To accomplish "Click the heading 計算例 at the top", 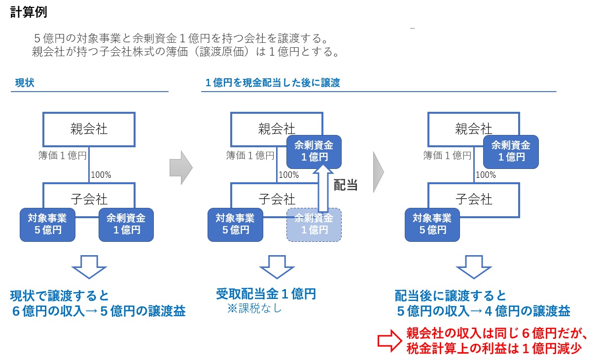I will point(29,12).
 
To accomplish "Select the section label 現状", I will point(25,83).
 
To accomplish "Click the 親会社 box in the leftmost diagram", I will point(89,129).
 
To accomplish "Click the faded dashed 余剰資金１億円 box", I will point(314,225).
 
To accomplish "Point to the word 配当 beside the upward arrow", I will point(346,185).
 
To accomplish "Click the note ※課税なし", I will point(254,309).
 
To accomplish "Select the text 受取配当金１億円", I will point(266,295).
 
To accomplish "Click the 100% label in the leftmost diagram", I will point(102,174).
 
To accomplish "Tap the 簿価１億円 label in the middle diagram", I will point(250,156).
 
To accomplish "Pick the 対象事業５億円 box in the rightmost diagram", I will point(432,225).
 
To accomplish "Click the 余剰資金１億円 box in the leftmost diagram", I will point(126,225).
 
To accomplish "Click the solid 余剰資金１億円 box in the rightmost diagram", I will point(511,152).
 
